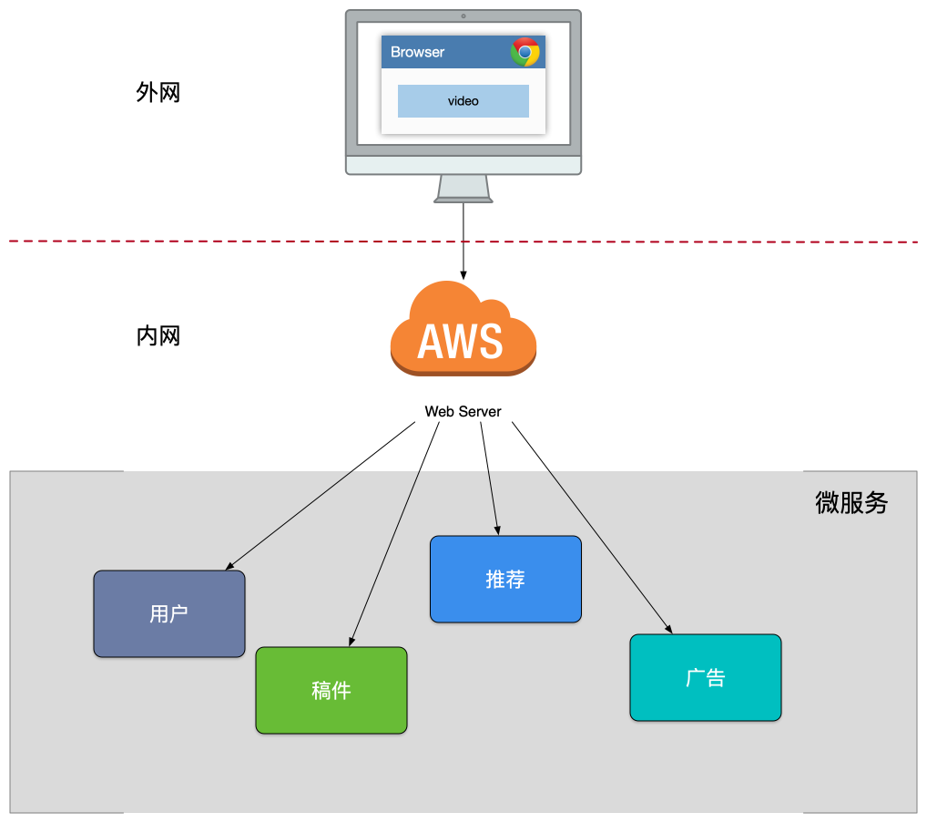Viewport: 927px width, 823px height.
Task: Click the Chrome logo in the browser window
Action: (x=525, y=52)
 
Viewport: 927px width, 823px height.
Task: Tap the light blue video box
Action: (x=463, y=101)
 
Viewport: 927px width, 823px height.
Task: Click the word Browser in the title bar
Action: (x=418, y=52)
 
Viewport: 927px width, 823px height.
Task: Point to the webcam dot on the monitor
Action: (x=463, y=16)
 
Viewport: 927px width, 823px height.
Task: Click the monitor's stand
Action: (x=463, y=189)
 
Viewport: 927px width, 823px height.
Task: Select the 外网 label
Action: (x=158, y=93)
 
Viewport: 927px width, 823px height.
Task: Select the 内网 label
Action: (x=158, y=336)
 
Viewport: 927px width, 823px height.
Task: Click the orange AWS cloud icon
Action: (x=463, y=330)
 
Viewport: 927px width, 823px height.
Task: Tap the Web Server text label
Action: (x=463, y=412)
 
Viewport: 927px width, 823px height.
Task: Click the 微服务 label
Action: (x=851, y=503)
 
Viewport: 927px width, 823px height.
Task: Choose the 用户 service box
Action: (x=169, y=613)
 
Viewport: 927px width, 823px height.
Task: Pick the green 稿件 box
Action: (x=331, y=690)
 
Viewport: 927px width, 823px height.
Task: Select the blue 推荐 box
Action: (x=505, y=580)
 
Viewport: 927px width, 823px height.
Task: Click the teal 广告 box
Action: (x=706, y=677)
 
